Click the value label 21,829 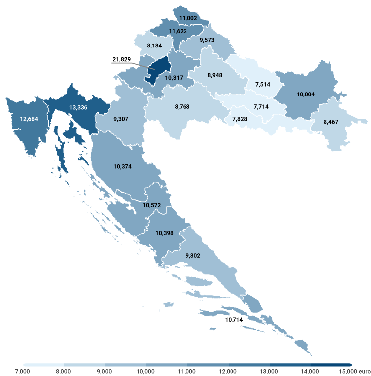pyautogui.click(x=121, y=60)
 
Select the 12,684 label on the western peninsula pyautogui.click(x=29, y=119)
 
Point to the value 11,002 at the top pyautogui.click(x=188, y=18)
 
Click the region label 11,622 pyautogui.click(x=178, y=31)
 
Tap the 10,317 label pyautogui.click(x=174, y=78)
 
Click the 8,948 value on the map pyautogui.click(x=215, y=75)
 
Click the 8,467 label pyautogui.click(x=331, y=122)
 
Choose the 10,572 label pyautogui.click(x=152, y=205)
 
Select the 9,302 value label pyautogui.click(x=193, y=255)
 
